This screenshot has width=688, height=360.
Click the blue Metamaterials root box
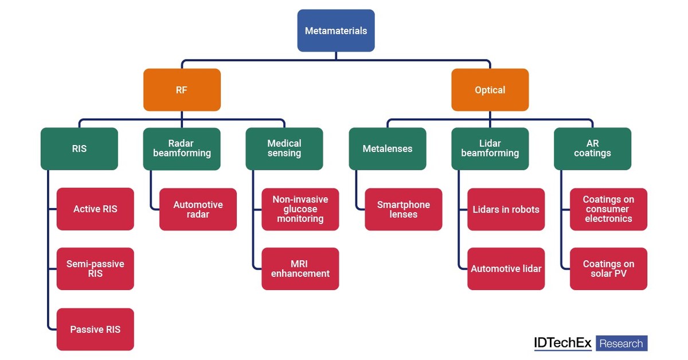pos(336,31)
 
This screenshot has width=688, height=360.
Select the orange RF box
pos(182,90)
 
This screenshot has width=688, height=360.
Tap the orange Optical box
pos(490,90)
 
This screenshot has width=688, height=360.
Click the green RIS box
pos(79,149)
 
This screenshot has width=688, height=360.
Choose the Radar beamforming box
pos(182,149)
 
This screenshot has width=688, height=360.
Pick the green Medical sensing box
pos(284,149)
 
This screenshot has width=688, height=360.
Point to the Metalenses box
pos(387,149)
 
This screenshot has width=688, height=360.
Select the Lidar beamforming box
pos(490,149)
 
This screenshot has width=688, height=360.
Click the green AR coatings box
pos(592,149)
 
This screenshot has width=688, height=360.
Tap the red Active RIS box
pos(95,209)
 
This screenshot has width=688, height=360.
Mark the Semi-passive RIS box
pos(95,269)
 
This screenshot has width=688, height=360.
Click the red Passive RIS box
pos(95,330)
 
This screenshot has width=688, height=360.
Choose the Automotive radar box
pos(198,209)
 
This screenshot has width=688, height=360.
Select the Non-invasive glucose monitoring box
pos(300,209)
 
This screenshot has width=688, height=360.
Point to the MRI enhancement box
pos(300,269)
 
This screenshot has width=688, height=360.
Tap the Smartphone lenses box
pos(403,209)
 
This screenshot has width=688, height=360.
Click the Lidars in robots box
pos(506,209)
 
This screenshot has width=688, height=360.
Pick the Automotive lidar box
pos(506,269)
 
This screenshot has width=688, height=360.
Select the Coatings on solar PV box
pos(608,269)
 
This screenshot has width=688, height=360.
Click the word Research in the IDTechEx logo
pos(621,343)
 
